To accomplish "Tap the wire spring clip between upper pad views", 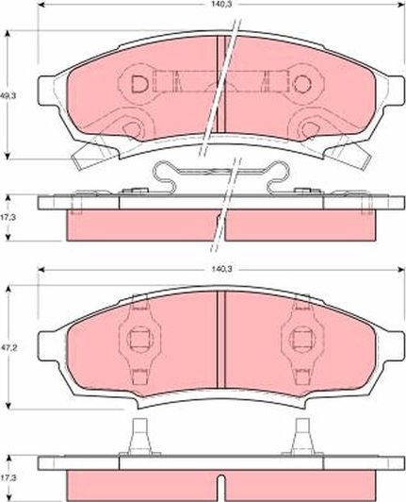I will pos(219,177).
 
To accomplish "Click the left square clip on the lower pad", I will pos(137,342).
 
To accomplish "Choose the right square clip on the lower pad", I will pos(300,342).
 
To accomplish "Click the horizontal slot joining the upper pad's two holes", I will pos(221,83).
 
